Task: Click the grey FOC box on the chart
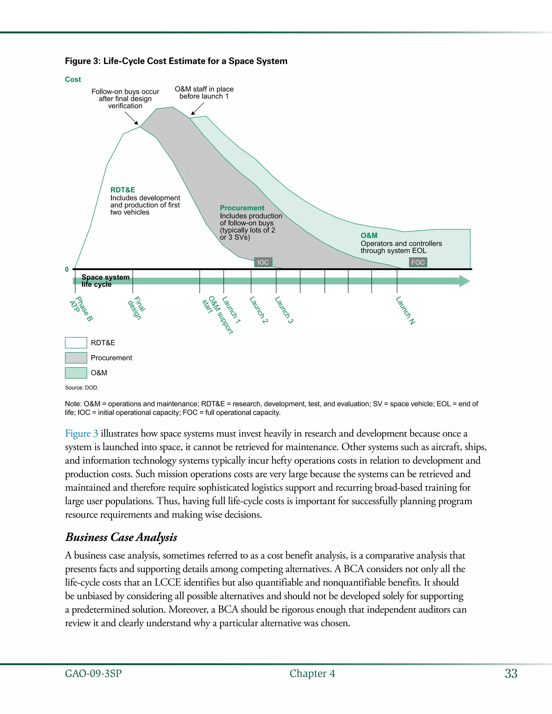[418, 262]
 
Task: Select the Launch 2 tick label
[259, 310]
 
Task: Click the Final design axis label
[137, 308]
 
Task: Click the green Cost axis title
[73, 79]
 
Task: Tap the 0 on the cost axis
[67, 269]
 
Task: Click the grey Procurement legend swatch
[76, 358]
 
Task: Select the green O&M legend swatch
[76, 373]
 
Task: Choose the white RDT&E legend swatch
[76, 343]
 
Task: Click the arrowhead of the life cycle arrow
[464, 281]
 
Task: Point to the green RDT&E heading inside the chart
[123, 190]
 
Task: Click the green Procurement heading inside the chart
[242, 208]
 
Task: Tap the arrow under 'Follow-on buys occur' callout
[132, 118]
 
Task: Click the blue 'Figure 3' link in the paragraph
[81, 434]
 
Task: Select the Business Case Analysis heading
[121, 537]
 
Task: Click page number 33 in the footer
[511, 674]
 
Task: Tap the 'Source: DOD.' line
[81, 388]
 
